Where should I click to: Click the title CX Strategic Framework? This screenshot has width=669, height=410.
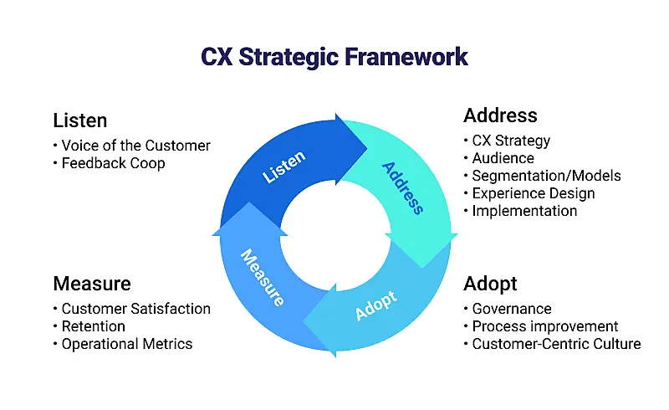click(x=334, y=57)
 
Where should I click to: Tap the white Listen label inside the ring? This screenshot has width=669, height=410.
click(x=283, y=167)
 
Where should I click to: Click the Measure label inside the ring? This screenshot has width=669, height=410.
click(x=263, y=276)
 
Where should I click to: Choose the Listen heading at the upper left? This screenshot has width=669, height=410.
click(x=80, y=120)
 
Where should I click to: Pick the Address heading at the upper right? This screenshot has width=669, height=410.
click(x=500, y=115)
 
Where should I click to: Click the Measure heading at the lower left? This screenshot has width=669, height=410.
click(x=92, y=283)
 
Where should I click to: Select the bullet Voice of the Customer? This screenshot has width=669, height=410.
click(x=135, y=146)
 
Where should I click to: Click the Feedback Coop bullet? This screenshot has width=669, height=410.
click(x=113, y=163)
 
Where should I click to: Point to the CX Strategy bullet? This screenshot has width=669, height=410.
click(x=511, y=141)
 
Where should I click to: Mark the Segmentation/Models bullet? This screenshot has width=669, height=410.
click(x=546, y=176)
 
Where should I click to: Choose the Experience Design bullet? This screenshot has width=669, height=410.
click(x=533, y=193)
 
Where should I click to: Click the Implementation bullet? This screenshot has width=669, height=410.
click(x=524, y=211)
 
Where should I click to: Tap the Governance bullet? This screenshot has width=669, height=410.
click(x=511, y=309)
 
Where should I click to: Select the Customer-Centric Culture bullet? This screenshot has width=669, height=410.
click(x=556, y=344)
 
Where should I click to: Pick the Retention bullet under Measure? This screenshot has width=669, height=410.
click(x=93, y=326)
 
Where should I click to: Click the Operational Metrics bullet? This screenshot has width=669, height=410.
click(x=126, y=344)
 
